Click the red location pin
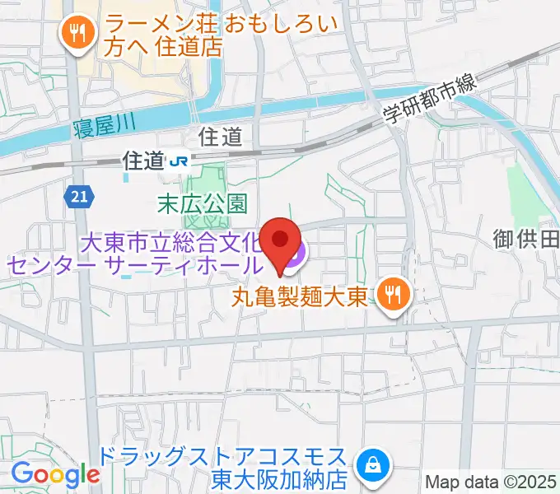(281, 241)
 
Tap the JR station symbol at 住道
(177, 162)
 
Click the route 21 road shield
(77, 196)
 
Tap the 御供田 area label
(526, 240)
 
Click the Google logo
(55, 474)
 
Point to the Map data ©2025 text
(491, 482)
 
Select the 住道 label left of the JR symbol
(142, 161)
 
